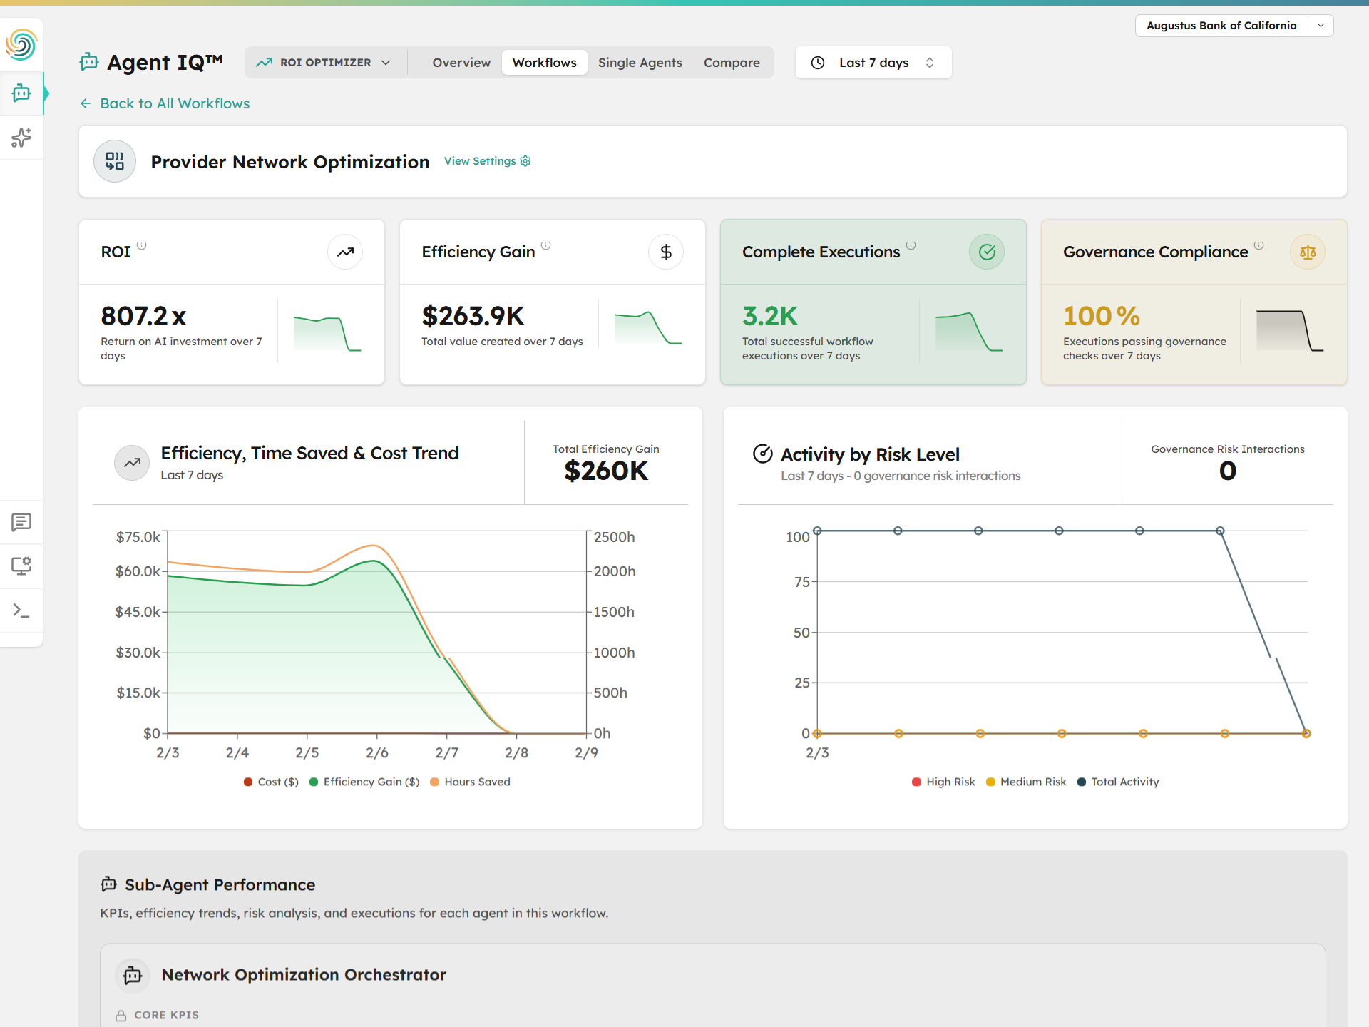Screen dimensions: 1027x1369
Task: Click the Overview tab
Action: [461, 63]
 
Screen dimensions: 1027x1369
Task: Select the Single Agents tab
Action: [640, 63]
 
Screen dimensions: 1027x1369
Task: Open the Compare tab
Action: [732, 63]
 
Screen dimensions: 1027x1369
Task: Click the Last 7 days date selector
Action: [873, 63]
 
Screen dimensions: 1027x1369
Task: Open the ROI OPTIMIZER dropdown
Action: [325, 63]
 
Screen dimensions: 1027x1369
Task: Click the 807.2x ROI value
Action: [143, 316]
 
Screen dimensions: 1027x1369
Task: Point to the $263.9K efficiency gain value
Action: [473, 316]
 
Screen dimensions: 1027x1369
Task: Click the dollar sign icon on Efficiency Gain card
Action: [665, 252]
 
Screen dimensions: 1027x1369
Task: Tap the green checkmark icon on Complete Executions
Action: [986, 252]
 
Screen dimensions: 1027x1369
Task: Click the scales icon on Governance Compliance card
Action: [1307, 252]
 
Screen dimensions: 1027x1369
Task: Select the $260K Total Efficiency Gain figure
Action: [605, 471]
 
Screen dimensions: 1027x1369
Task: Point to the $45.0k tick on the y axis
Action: [138, 612]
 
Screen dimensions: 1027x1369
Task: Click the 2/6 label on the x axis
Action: [376, 752]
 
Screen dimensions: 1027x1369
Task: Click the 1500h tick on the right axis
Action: [613, 612]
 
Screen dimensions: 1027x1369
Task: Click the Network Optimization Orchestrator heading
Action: [303, 974]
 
